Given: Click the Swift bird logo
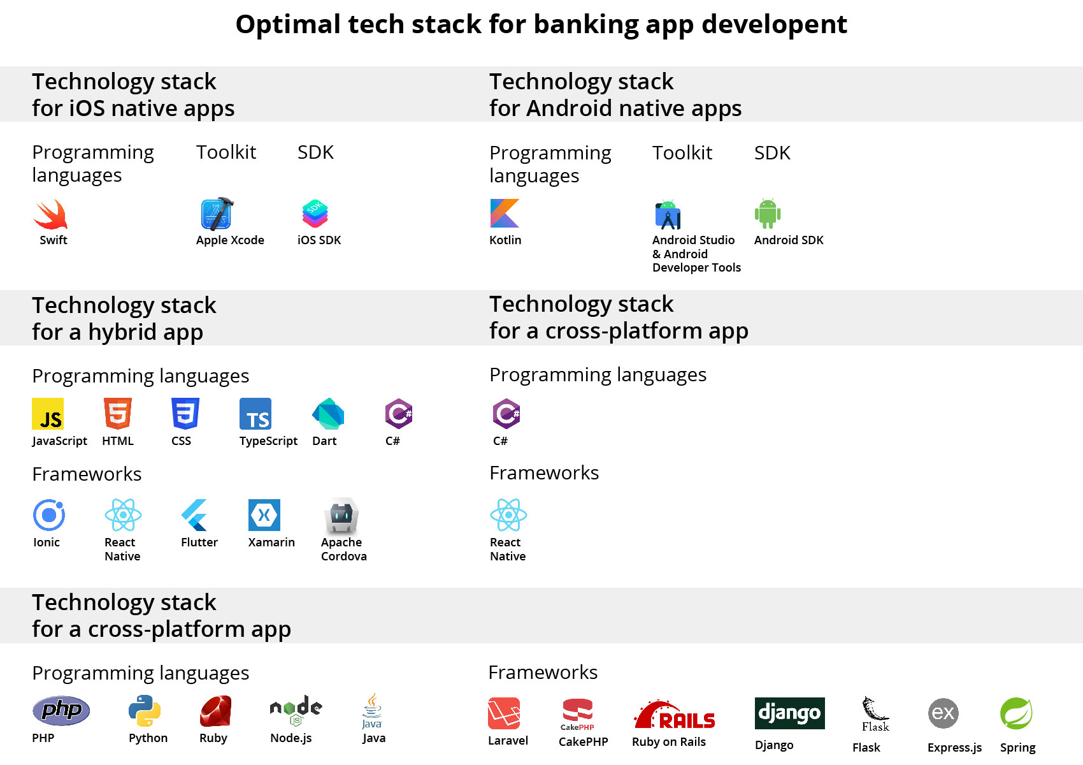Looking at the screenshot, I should (50, 215).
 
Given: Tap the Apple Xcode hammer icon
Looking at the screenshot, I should (217, 214).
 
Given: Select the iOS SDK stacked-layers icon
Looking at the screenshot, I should (315, 214).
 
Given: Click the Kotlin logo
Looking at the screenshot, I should (505, 213).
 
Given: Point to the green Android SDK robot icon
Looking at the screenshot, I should (767, 214).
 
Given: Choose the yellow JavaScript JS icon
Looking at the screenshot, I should (48, 414).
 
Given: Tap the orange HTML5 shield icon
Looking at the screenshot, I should (118, 414).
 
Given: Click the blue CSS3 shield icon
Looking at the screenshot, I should (185, 414).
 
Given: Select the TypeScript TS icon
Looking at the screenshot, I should (255, 414).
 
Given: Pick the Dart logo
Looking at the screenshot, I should (328, 414).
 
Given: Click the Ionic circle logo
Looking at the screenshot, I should (49, 515).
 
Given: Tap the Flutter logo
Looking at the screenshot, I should (194, 515).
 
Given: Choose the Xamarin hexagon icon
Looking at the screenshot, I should (264, 515).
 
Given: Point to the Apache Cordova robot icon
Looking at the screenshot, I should (341, 515).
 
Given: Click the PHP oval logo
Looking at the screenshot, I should (61, 710).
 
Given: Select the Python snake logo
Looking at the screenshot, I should (145, 711).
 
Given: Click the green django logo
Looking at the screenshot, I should (789, 713).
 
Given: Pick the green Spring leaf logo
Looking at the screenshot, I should (1016, 713).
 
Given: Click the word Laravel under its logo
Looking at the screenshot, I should (508, 741).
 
